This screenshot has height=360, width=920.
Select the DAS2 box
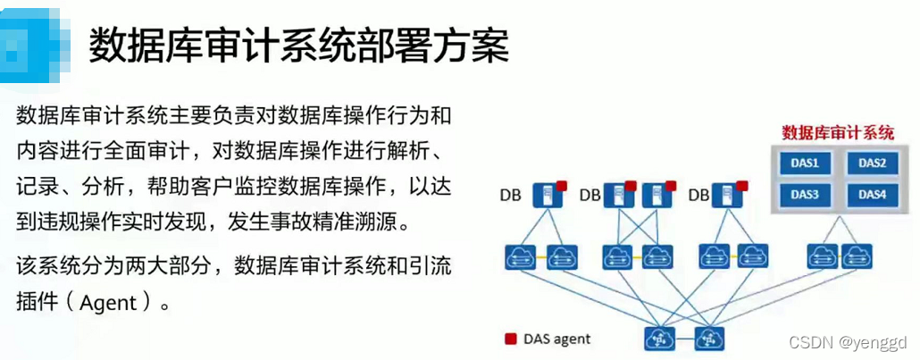pos(865,163)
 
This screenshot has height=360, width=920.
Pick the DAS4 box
pos(865,194)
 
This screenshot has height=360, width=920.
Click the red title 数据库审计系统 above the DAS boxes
pos(837,133)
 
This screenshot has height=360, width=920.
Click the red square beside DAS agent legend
pos(511,339)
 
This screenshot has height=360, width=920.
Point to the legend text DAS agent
pos(557,339)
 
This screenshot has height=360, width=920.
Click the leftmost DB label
pos(511,194)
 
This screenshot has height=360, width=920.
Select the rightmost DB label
pos(698,194)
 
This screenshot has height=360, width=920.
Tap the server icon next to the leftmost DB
pos(541,195)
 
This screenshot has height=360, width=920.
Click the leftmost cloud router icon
pos(519,257)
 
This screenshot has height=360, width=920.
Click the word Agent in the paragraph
pos(108,303)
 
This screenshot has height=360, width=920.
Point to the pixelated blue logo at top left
pos(34,45)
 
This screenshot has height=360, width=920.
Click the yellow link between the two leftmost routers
pos(540,257)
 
